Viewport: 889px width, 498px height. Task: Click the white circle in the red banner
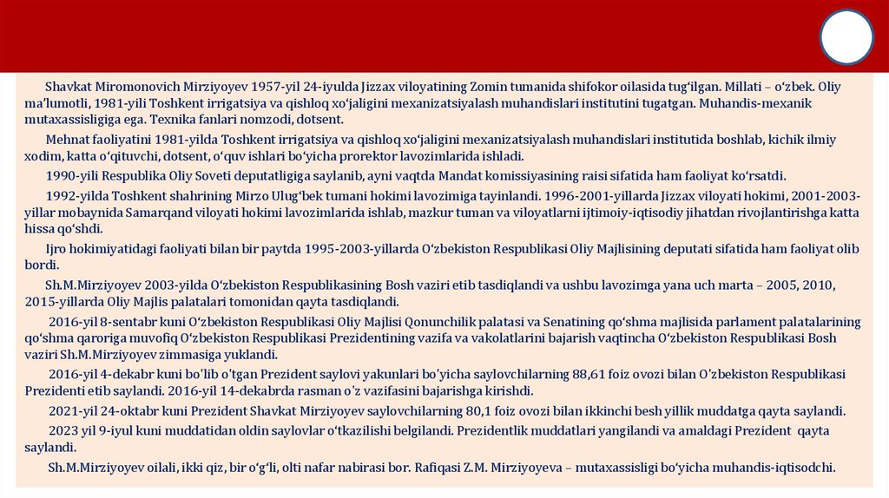pos(846,37)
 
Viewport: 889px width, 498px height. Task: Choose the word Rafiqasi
pos(451,468)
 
